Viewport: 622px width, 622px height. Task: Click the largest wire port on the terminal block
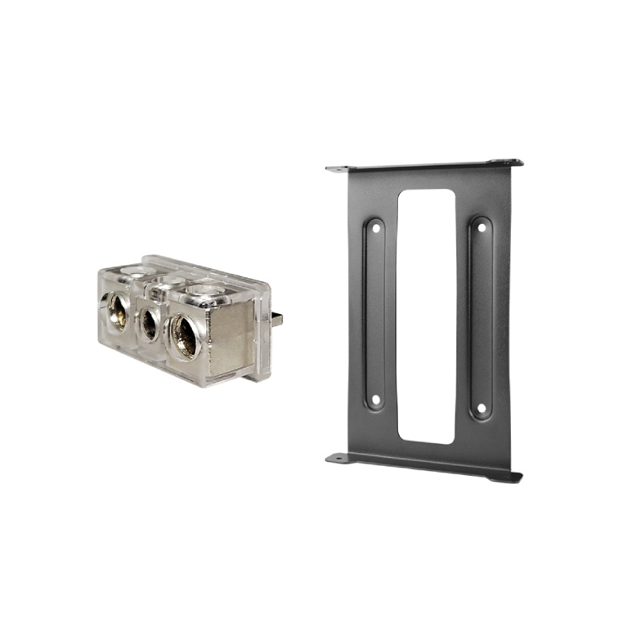point(185,336)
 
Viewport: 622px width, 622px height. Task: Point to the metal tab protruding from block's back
point(277,319)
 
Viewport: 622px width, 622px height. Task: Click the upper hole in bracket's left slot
point(375,229)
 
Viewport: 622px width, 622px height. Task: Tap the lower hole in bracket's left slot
point(375,400)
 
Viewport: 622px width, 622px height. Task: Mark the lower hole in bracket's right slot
point(481,407)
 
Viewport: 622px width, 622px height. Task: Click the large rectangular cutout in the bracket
point(426,315)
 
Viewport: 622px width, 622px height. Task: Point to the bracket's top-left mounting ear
point(337,168)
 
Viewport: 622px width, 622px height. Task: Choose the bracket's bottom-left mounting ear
point(337,458)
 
